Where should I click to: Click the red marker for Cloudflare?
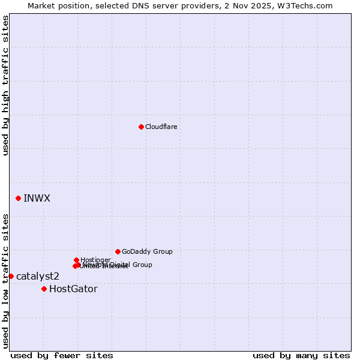[141, 127]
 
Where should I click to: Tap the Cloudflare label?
[161, 127]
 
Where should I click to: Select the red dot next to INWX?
[19, 198]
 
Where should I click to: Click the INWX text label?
[37, 198]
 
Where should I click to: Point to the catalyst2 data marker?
[11, 276]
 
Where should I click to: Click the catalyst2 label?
[38, 276]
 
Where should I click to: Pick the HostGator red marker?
[44, 289]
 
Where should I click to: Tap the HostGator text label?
[73, 289]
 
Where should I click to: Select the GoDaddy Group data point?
[118, 251]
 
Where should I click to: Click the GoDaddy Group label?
[147, 251]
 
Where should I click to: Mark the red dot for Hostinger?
[76, 260]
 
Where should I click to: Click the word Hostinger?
[96, 260]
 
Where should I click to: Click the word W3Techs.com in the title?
[308, 5]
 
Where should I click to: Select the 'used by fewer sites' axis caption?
[62, 355]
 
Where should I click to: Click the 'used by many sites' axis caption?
[301, 355]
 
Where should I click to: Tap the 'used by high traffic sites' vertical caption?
[5, 85]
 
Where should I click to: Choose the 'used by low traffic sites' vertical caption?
[5, 281]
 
